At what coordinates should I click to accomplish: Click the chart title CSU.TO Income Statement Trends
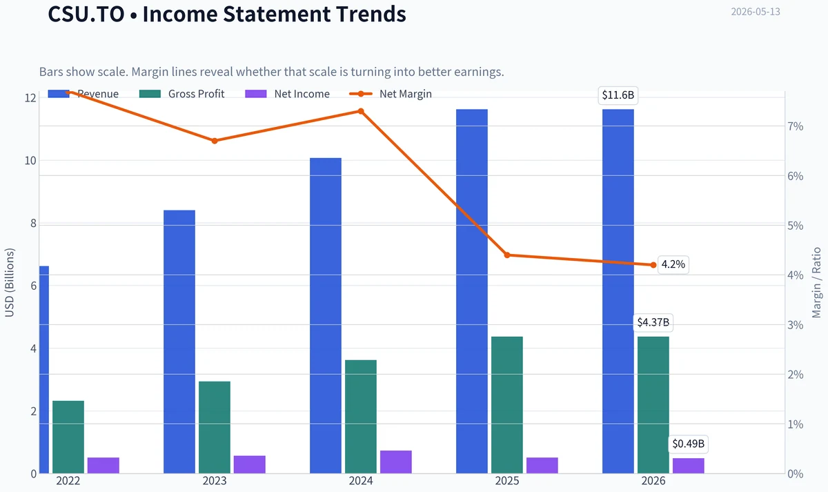[227, 14]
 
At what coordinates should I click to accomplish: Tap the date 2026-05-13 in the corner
[756, 12]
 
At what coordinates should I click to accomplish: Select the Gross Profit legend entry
[182, 94]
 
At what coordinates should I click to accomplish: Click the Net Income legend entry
[287, 94]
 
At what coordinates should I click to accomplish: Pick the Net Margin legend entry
[391, 94]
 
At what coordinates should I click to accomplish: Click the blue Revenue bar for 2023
[179, 342]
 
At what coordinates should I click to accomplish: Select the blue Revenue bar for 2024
[326, 315]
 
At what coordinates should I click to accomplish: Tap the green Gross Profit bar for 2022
[68, 437]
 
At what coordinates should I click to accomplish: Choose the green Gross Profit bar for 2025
[507, 405]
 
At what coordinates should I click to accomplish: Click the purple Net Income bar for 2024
[396, 462]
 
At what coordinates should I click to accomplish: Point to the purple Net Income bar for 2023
[250, 464]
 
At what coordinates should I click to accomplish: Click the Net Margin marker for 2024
[361, 111]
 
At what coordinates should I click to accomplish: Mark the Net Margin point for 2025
[507, 255]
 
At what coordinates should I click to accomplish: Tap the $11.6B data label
[618, 95]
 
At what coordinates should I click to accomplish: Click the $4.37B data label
[653, 322]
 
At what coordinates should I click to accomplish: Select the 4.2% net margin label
[673, 265]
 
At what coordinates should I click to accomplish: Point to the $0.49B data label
[689, 444]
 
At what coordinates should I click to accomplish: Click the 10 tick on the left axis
[30, 161]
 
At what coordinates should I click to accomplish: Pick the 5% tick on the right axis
[795, 226]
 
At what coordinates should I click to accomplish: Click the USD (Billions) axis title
[10, 283]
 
